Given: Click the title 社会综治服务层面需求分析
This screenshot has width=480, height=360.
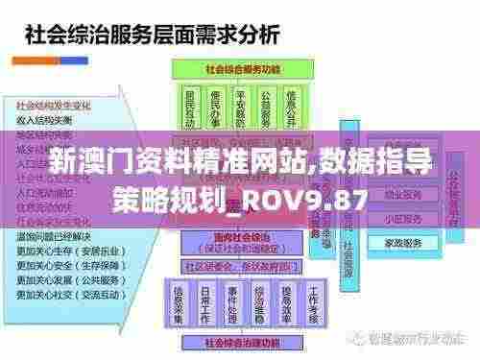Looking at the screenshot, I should [x=150, y=36].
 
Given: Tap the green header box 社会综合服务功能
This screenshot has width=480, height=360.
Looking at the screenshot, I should [x=232, y=71].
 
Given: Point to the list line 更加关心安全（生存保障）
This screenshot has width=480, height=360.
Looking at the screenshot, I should [x=67, y=259].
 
